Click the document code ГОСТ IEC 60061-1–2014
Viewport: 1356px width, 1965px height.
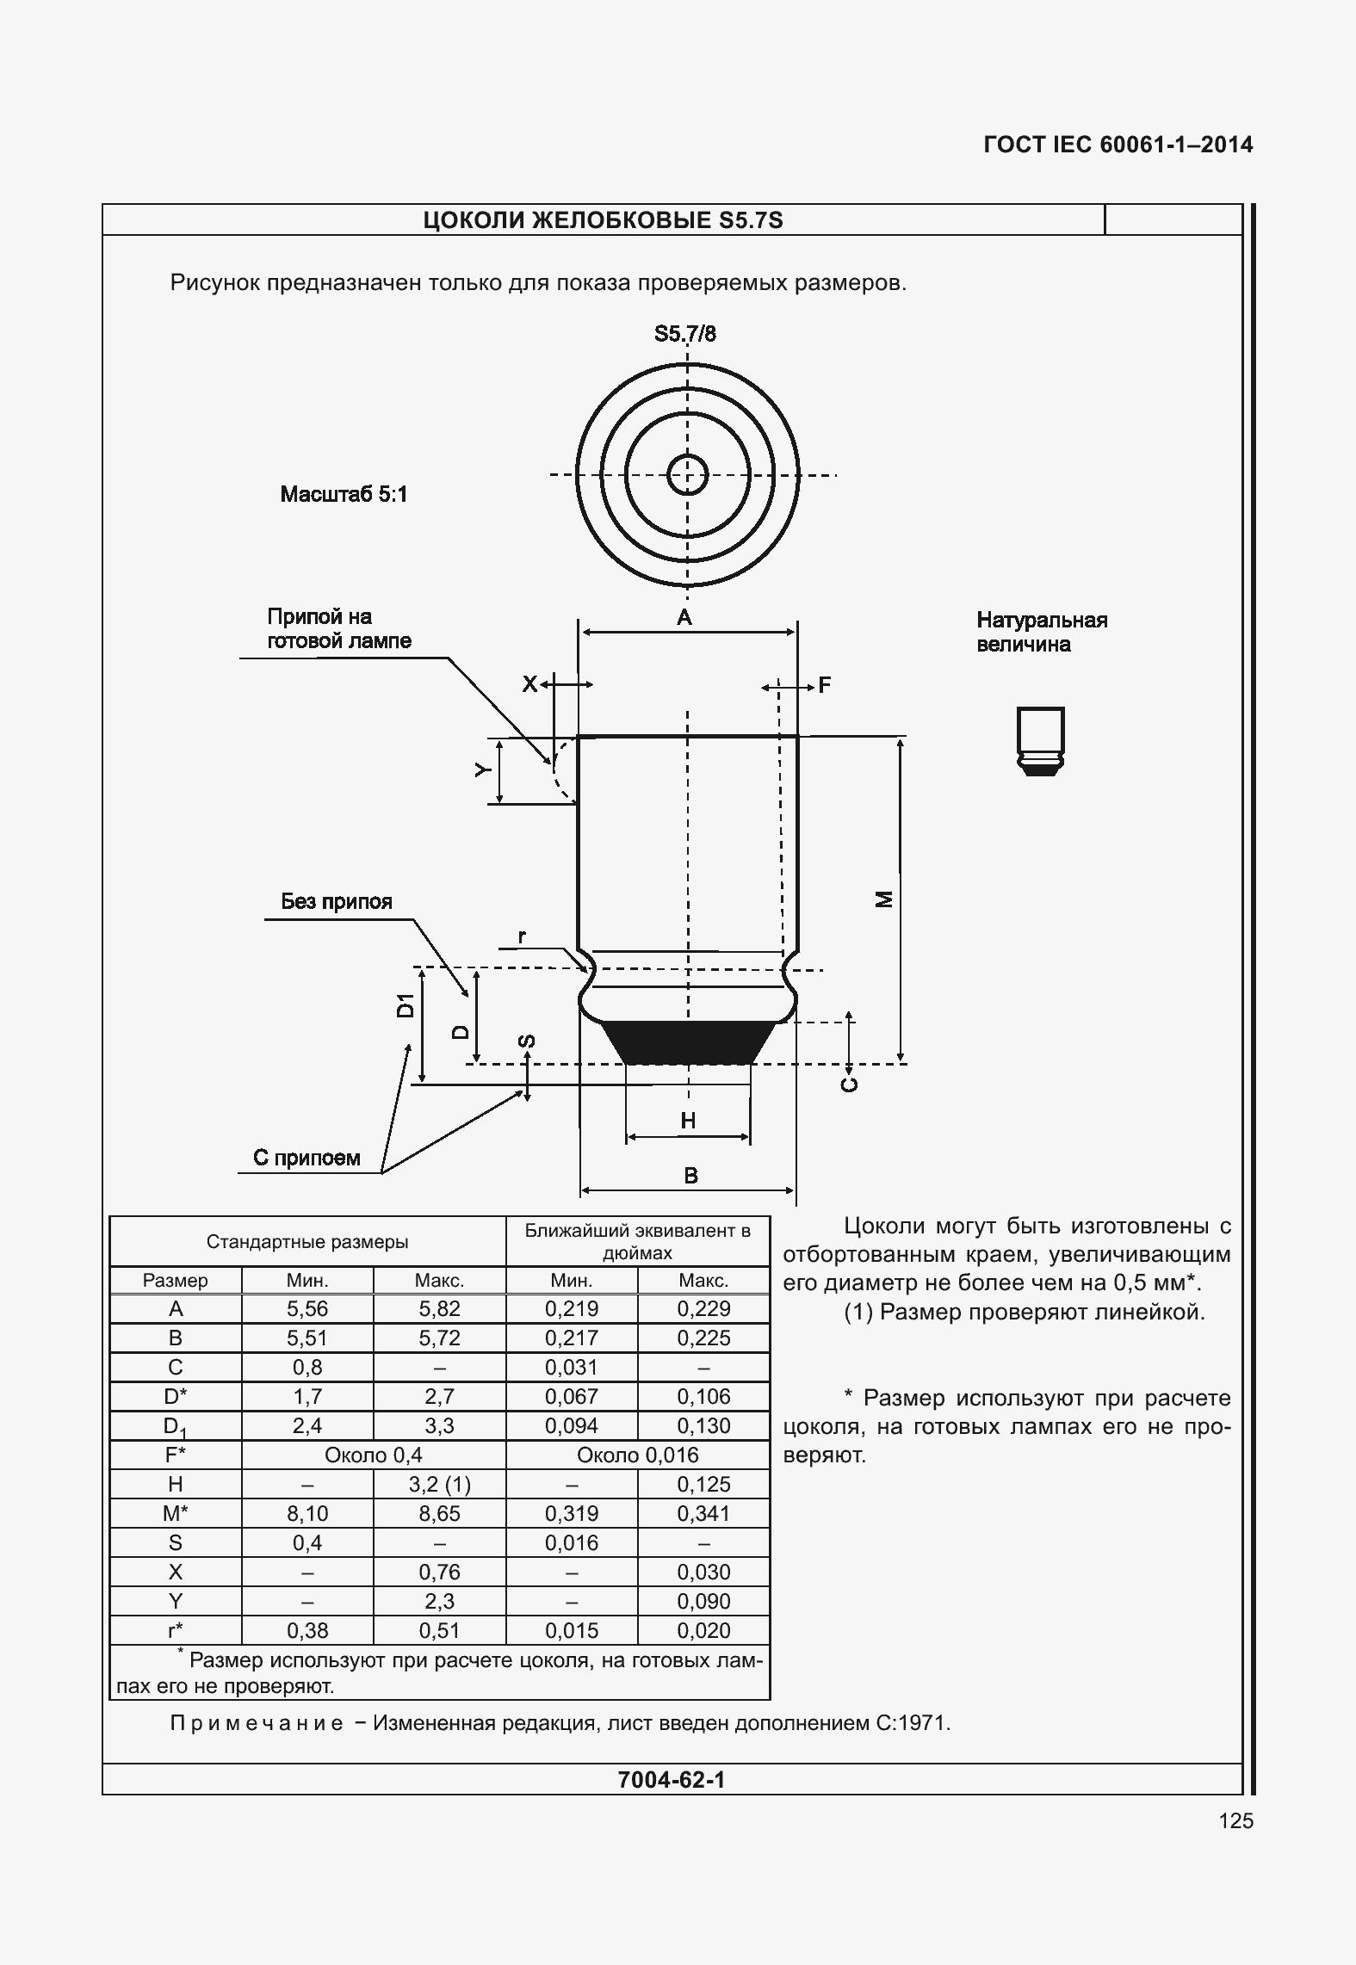(1118, 145)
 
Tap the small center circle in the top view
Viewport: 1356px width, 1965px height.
(688, 474)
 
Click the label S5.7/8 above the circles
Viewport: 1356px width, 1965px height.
(684, 334)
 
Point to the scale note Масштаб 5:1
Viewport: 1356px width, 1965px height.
(344, 494)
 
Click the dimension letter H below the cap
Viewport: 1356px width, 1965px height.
(688, 1120)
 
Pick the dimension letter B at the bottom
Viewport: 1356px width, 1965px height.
(690, 1175)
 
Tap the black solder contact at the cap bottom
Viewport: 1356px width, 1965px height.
(688, 1042)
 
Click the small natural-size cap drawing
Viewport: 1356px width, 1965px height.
(1040, 740)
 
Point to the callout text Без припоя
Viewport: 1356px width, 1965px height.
(337, 901)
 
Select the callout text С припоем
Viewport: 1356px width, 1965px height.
(306, 1158)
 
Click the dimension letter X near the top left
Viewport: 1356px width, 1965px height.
(529, 684)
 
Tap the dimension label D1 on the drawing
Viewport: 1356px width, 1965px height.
(405, 1004)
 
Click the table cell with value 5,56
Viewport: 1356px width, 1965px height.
(307, 1308)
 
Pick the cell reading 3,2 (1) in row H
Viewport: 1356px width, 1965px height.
(439, 1484)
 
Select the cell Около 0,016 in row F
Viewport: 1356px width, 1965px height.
(637, 1455)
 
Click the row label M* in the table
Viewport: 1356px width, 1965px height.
(176, 1513)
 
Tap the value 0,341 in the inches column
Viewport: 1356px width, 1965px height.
(703, 1513)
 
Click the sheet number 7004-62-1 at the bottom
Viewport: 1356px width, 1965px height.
(672, 1779)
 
